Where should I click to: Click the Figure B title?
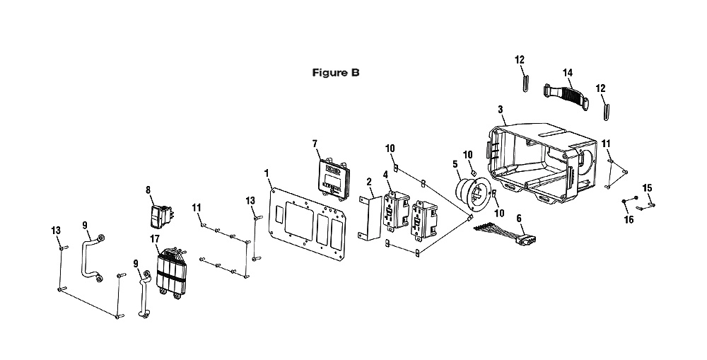[x=336, y=73]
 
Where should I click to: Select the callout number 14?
[x=567, y=73]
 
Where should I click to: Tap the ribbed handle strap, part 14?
[x=566, y=95]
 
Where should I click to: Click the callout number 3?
[x=500, y=110]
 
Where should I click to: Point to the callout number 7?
[x=315, y=144]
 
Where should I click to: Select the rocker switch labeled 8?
[x=161, y=216]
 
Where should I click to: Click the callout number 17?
[x=156, y=238]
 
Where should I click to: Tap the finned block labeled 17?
[x=173, y=274]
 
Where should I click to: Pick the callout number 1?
[x=267, y=173]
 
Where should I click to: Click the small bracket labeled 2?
[x=370, y=217]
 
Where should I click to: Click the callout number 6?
[x=518, y=219]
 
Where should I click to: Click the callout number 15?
[x=647, y=187]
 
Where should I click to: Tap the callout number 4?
[x=385, y=175]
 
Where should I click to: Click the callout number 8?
[x=148, y=190]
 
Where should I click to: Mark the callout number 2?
[x=369, y=182]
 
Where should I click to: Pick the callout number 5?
[x=455, y=165]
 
